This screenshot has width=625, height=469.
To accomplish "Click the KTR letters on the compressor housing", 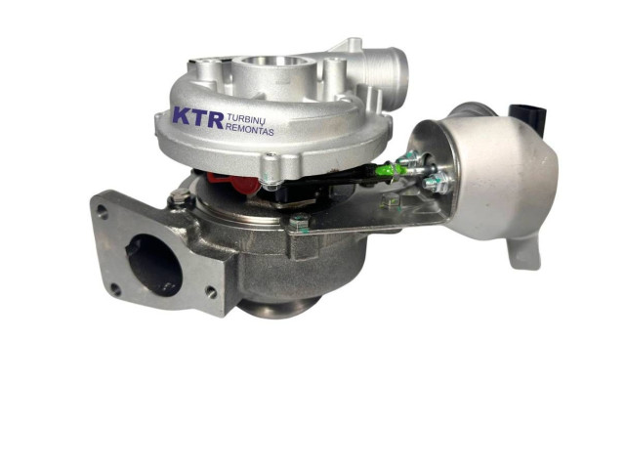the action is (x=198, y=117).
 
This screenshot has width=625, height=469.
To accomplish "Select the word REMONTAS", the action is (x=250, y=130).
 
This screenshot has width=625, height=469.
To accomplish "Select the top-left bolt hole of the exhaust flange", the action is (x=104, y=211).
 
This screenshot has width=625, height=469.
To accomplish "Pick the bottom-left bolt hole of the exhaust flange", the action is (x=115, y=289).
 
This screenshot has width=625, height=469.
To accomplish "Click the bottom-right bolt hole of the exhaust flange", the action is (x=211, y=292).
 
